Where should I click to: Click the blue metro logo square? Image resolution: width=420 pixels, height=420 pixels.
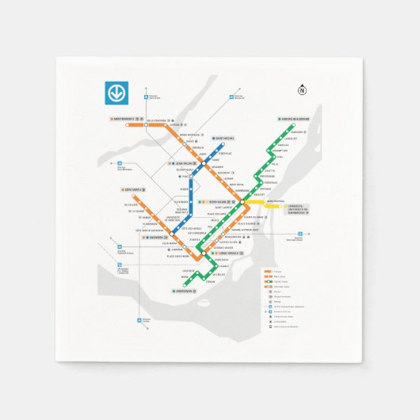tap(116, 93)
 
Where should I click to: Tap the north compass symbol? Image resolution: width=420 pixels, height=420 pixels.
tap(302, 90)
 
